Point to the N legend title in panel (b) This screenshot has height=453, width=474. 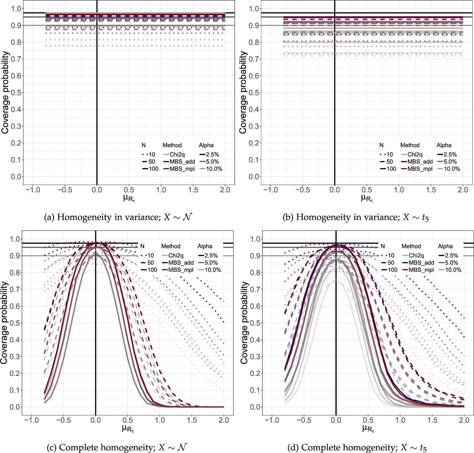[381, 145]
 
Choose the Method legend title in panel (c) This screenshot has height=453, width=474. [171, 246]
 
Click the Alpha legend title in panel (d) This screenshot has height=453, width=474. [445, 246]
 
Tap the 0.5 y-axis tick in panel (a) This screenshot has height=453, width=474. [16, 93]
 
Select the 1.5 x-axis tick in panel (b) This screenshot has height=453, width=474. [431, 190]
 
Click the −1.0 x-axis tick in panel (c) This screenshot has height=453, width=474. [31, 420]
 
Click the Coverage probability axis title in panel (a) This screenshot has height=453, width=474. [5, 93]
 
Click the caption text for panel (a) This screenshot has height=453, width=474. [118, 217]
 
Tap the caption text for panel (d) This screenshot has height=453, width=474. [357, 447]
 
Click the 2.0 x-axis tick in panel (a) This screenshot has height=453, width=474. [225, 190]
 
